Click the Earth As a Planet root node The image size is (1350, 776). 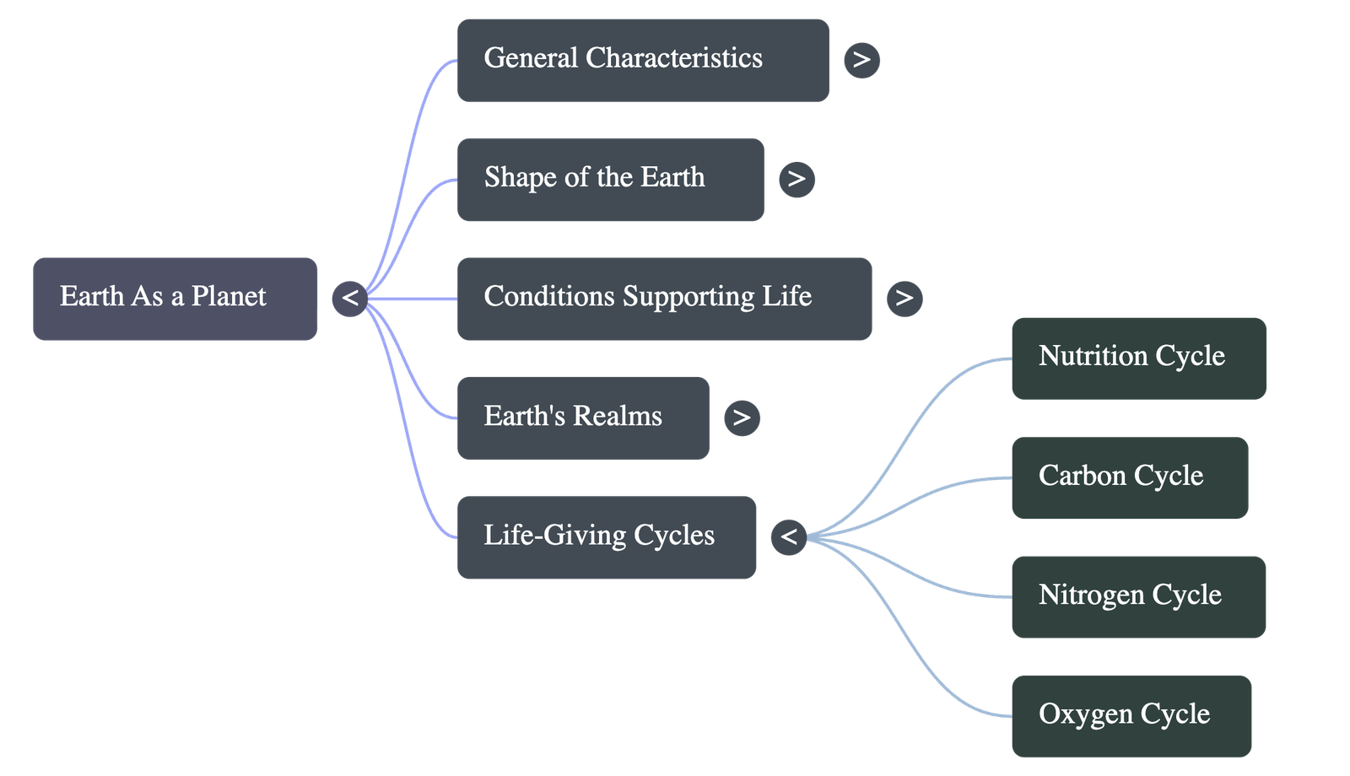point(175,299)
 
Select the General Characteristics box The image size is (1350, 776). point(643,60)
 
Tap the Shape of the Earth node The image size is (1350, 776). point(611,180)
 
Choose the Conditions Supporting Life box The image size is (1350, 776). point(665,299)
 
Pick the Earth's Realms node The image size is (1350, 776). point(583,418)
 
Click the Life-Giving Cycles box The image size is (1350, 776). point(607,537)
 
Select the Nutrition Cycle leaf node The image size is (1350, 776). point(1139,358)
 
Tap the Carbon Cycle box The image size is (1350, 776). point(1130,477)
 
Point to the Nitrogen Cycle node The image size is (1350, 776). point(1139,596)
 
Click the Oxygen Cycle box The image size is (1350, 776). point(1131,716)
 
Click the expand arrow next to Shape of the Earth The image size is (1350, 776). point(796,180)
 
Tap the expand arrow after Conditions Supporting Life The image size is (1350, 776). point(904,299)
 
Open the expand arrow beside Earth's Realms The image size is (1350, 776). point(742,418)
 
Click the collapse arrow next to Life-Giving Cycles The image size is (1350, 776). point(789,537)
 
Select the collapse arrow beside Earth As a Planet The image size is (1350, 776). point(350,299)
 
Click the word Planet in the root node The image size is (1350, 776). point(228,297)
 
